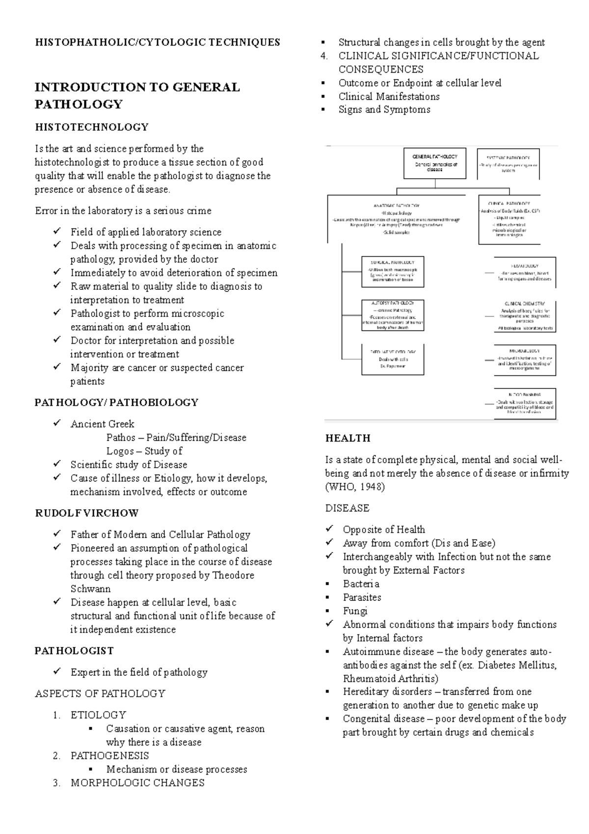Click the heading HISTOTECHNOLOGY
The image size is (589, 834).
91,127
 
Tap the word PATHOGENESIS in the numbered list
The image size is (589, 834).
109,756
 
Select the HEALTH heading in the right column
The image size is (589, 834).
348,438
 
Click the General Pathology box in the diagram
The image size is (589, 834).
434,163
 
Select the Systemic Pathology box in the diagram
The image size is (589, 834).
508,164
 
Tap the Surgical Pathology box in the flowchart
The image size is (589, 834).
392,271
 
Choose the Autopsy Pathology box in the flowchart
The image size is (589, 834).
392,315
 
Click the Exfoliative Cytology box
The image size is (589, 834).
392,360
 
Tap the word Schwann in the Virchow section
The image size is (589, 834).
90,589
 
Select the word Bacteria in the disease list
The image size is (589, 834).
361,584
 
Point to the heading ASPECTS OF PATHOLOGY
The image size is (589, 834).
100,694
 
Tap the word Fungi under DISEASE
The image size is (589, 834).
355,611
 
